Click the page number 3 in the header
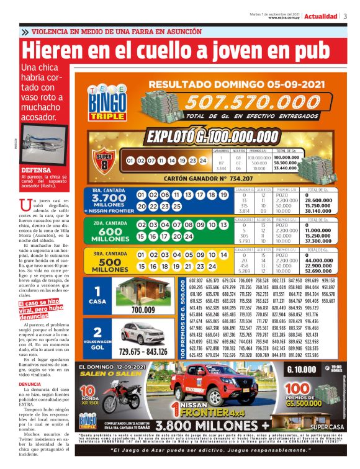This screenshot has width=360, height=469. [345, 17]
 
